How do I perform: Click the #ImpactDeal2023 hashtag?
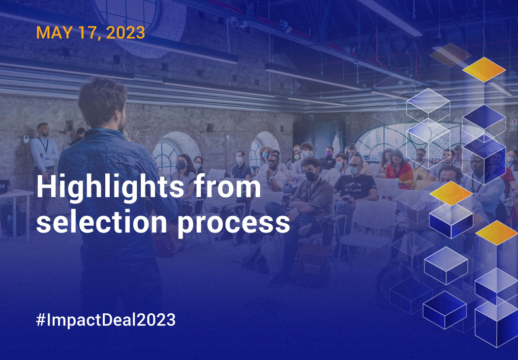coord(106,320)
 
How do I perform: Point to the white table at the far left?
coord(15,197)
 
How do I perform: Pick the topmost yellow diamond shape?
coord(484,69)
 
